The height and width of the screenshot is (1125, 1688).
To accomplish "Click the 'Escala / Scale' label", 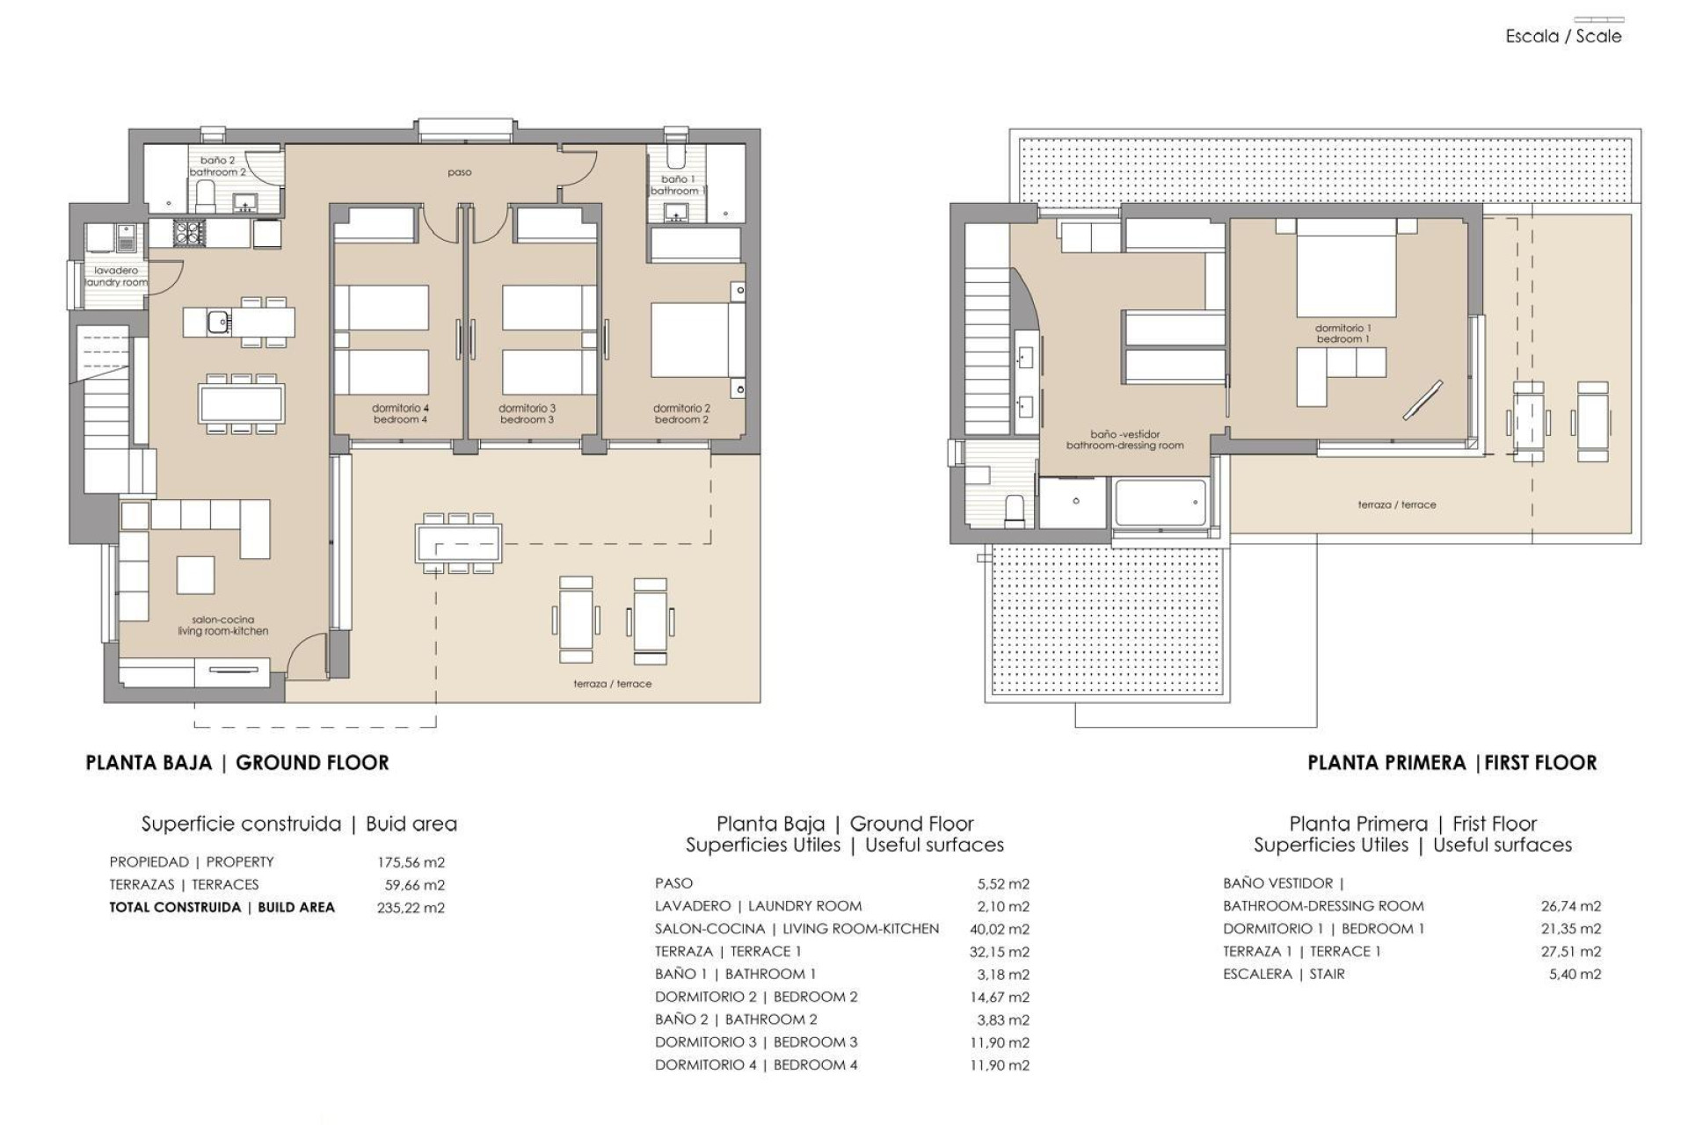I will point(1563,36).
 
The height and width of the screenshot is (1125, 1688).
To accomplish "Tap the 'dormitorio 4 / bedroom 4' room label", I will point(400,414).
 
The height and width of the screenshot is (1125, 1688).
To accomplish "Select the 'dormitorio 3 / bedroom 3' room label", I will point(527,414).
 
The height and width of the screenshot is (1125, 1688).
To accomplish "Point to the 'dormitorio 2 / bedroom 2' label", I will point(681,414).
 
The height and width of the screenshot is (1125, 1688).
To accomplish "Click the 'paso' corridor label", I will point(459,172).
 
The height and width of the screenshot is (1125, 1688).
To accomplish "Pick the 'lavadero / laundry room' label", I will point(116,277).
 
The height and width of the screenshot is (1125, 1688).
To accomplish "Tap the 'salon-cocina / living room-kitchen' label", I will point(222,625).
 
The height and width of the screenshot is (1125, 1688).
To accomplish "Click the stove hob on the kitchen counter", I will point(188,232).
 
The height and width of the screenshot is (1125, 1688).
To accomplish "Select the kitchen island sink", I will point(218,323).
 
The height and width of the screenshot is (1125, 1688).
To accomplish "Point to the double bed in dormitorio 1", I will point(1346,268).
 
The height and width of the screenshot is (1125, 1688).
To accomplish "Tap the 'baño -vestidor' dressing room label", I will point(1124,439).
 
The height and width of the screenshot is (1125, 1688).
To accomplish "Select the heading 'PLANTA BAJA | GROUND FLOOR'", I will point(237,763).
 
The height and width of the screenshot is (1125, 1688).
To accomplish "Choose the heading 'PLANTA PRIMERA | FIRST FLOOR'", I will point(1452,763).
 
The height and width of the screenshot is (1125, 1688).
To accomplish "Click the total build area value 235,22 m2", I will point(411,908).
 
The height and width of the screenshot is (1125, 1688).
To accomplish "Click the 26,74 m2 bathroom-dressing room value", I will point(1570,906).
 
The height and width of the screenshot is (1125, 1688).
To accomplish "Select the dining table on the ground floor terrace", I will point(459,543).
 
